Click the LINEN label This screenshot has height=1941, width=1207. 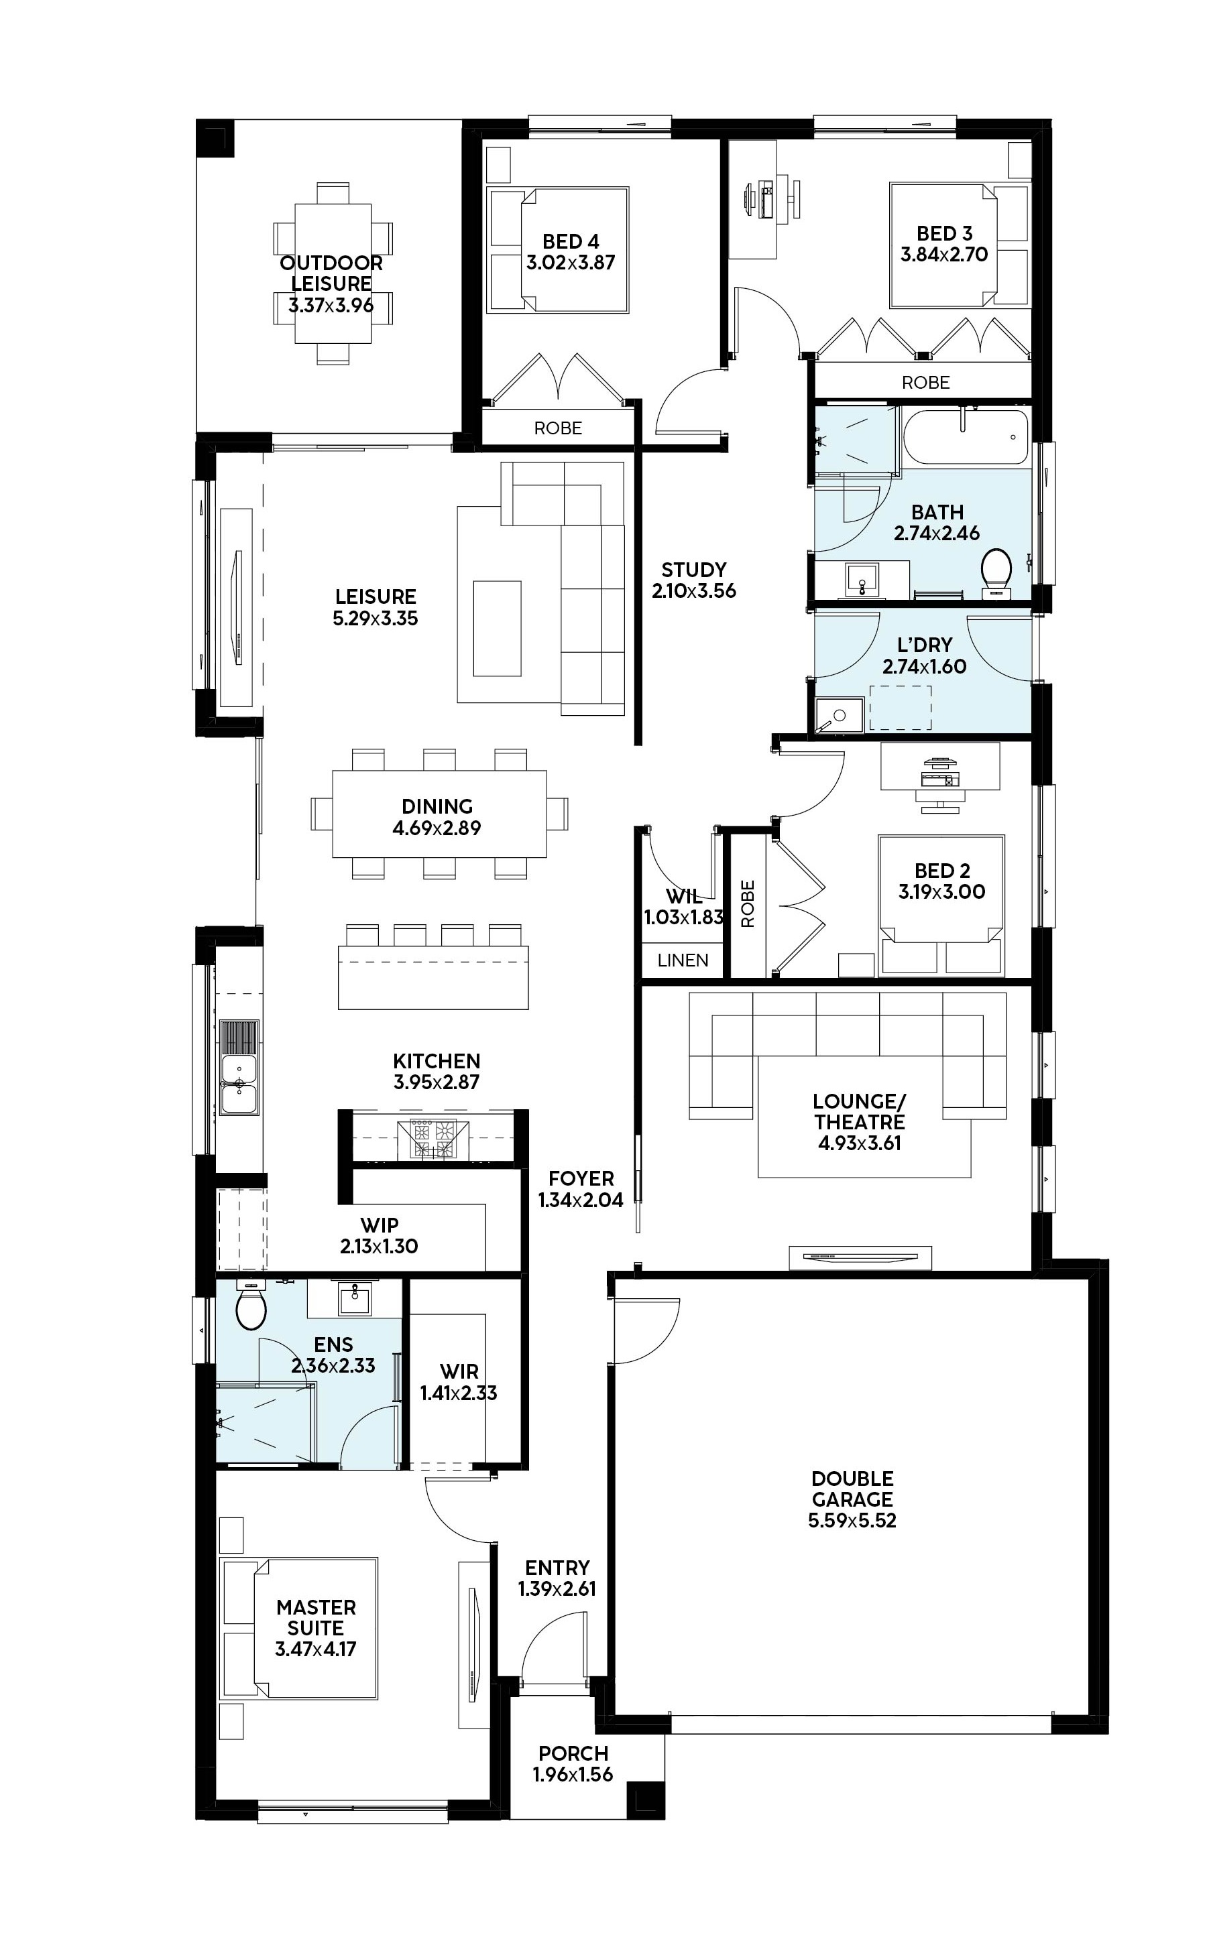(x=683, y=960)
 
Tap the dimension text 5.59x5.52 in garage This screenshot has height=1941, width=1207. (x=852, y=1521)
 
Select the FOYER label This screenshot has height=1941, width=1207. (x=581, y=1178)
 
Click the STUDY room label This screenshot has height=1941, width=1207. (x=694, y=570)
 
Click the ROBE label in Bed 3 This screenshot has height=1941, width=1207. (x=925, y=383)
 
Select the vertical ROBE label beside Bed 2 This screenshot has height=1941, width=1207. (x=748, y=904)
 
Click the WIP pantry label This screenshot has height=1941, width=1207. (x=379, y=1225)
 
